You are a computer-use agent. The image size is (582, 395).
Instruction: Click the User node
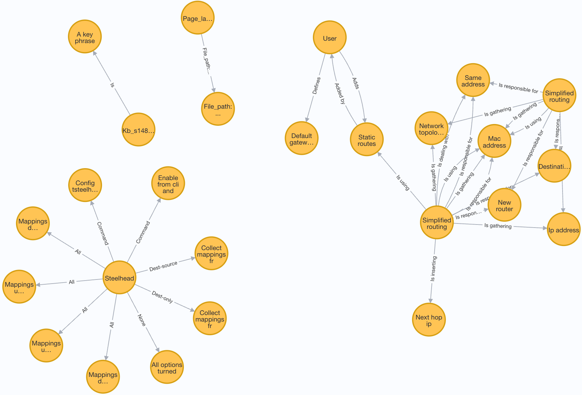point(330,38)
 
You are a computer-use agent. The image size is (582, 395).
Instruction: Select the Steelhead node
point(119,278)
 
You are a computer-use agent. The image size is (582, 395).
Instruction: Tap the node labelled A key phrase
point(85,37)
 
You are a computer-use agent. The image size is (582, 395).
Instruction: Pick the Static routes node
point(366,139)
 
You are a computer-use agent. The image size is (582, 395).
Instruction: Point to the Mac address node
point(494,141)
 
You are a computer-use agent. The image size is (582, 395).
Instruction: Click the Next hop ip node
point(428,320)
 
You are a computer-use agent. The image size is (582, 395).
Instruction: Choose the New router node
point(504,205)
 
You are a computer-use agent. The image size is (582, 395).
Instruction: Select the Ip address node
point(563,229)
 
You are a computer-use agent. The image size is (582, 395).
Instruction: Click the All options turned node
point(167,367)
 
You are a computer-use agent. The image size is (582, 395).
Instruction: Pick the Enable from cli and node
point(168,183)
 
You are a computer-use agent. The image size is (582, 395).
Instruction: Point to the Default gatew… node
point(302,138)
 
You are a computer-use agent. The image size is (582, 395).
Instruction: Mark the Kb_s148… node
point(138,130)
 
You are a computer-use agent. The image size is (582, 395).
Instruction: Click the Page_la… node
point(198,18)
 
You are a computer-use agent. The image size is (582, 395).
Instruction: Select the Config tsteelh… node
point(85,185)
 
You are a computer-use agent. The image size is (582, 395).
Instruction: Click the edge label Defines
point(317,85)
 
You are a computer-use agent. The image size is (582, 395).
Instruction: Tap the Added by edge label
point(340,93)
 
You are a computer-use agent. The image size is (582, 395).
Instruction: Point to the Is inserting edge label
point(433,269)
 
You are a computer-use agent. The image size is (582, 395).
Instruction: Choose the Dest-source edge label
point(163,266)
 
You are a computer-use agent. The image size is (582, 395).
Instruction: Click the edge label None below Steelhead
point(142,320)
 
